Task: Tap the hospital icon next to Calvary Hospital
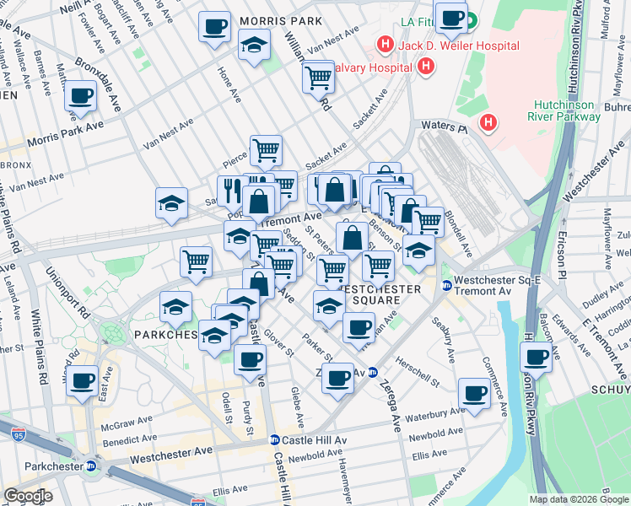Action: (426, 66)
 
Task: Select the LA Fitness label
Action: (419, 21)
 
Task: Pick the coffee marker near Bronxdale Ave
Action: (81, 97)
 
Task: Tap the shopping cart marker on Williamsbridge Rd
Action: (318, 78)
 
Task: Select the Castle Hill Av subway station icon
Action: (274, 440)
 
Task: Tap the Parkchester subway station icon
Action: (91, 466)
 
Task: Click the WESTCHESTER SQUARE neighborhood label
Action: (379, 295)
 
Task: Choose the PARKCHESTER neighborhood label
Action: (165, 335)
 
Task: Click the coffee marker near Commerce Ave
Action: (474, 392)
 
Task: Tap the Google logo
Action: (28, 496)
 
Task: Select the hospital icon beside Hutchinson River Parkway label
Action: (488, 124)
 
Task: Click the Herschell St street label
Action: (418, 379)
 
